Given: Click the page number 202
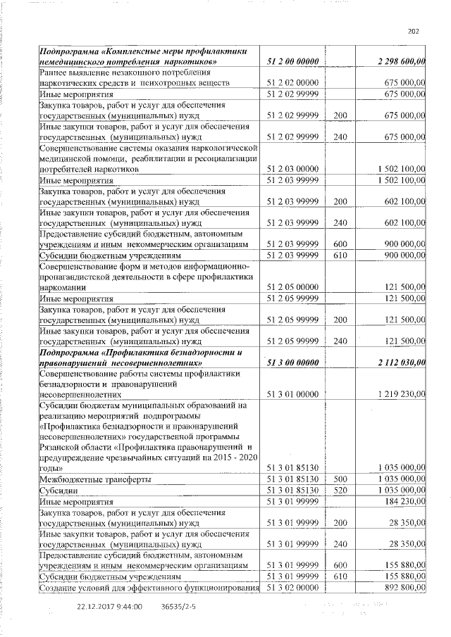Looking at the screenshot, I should click(414, 30).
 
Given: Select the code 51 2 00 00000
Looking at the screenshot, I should click(294, 63).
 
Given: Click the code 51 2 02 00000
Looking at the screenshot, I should click(294, 83).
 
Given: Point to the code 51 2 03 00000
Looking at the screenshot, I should click(294, 170).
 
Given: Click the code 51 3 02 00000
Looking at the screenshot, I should click(294, 588).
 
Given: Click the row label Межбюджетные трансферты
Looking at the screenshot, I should click(83, 479).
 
